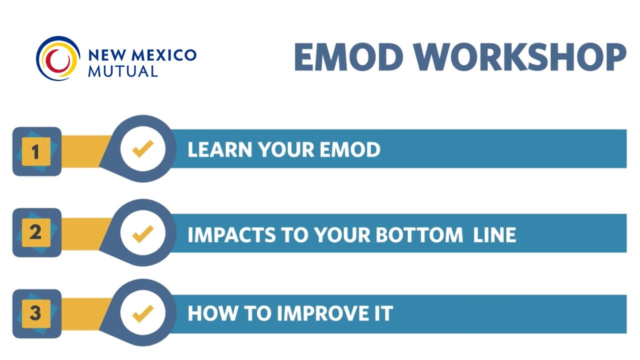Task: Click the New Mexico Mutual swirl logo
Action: pos(58,58)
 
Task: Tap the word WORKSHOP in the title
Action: pos(519,57)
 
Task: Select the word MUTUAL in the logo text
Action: pos(122,71)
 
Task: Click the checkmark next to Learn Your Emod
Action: pos(142,149)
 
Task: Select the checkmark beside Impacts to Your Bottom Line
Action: pos(142,233)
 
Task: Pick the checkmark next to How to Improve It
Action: pos(142,313)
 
